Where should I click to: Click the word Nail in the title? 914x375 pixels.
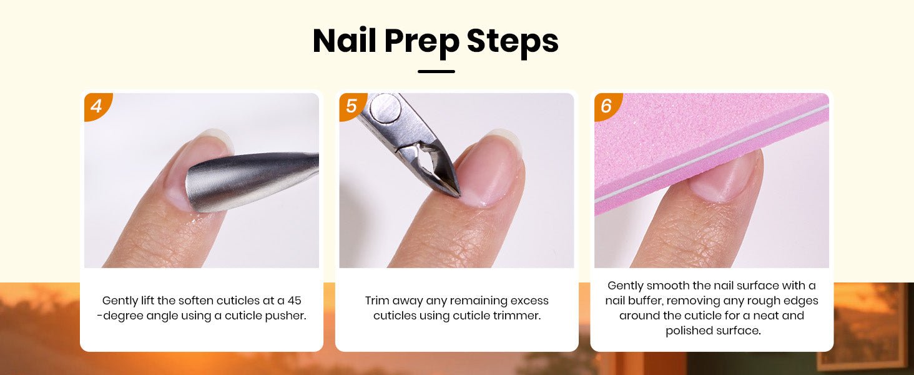coord(344,41)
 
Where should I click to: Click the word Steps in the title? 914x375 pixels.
coord(513,43)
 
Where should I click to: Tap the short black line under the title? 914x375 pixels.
coord(436,71)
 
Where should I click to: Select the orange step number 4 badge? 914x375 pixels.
coord(96,106)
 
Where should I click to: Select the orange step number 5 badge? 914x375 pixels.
coord(351,106)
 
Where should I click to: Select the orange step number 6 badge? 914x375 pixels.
coord(606,106)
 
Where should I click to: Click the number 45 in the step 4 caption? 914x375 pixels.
coord(294,301)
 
